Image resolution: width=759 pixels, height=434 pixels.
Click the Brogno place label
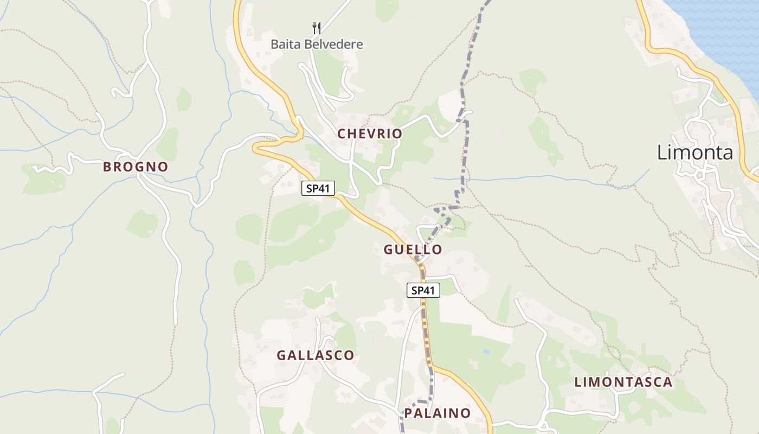point(136,167)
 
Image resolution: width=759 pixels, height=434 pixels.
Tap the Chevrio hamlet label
point(370,133)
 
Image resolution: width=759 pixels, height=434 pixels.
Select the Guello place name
point(413,250)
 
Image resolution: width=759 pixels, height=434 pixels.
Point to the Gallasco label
point(316,355)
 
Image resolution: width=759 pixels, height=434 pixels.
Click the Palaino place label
point(438,413)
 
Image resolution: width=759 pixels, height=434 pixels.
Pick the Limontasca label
point(623,382)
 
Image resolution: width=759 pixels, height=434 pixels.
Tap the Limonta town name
point(695,152)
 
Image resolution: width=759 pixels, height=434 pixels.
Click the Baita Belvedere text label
point(317,44)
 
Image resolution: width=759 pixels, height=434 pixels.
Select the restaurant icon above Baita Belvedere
point(317,28)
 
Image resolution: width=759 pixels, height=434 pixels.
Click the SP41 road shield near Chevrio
point(318,188)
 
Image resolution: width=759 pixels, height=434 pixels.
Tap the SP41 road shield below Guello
point(423,290)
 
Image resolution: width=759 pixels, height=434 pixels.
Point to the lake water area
point(721,27)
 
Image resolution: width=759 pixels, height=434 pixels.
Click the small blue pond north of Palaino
point(486,352)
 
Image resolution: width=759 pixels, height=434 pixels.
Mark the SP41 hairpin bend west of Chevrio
point(258,147)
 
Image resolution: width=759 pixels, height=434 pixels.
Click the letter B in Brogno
point(107,167)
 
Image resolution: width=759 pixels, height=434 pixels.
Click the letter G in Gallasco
point(281,355)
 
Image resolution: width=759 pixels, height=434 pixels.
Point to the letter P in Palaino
point(408,413)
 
